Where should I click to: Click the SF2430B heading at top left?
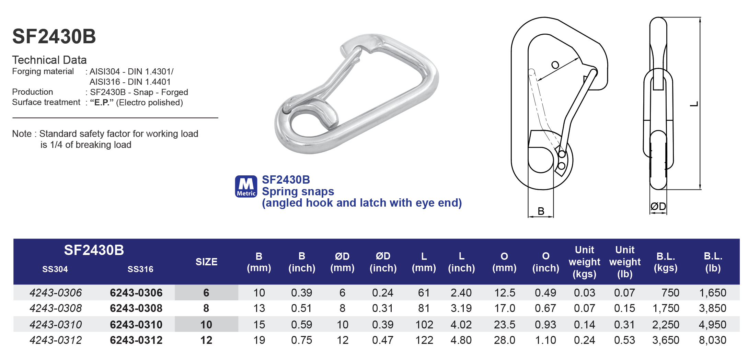(54, 36)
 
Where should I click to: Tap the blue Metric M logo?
(246, 186)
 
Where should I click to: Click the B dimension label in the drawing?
(541, 211)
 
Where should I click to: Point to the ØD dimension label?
(658, 206)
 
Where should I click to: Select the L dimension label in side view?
(694, 104)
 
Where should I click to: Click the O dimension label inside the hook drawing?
(555, 65)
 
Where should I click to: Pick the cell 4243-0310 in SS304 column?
(56, 324)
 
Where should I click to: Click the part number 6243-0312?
(136, 340)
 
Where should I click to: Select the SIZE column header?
(206, 262)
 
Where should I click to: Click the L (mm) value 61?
(424, 293)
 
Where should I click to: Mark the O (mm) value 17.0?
(504, 308)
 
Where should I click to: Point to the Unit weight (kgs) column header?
(584, 262)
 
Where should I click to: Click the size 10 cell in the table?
(206, 324)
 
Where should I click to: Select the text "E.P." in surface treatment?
(102, 103)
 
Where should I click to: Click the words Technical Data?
(49, 60)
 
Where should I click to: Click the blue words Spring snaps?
(298, 191)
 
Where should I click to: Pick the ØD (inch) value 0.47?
(382, 340)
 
